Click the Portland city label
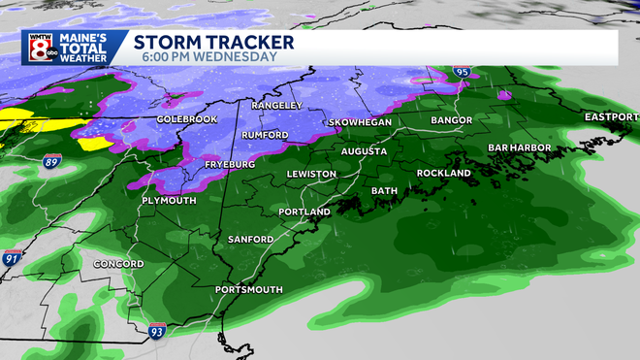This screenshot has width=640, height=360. click(x=304, y=212)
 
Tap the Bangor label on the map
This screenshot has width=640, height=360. click(x=452, y=121)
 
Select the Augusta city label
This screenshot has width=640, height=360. click(x=365, y=152)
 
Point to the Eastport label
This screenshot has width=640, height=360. click(x=610, y=117)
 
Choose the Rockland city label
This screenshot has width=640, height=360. click(x=443, y=174)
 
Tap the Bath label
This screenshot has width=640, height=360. click(x=384, y=191)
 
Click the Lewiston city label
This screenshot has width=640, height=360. click(x=311, y=175)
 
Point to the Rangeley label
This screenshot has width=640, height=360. click(x=277, y=105)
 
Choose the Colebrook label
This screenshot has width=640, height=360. click(x=186, y=119)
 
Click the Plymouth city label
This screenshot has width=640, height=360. click(x=169, y=201)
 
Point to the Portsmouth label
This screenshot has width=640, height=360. click(x=249, y=290)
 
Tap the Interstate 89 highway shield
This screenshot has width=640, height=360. click(x=61, y=163)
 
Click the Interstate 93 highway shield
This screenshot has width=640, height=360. click(x=157, y=333)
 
